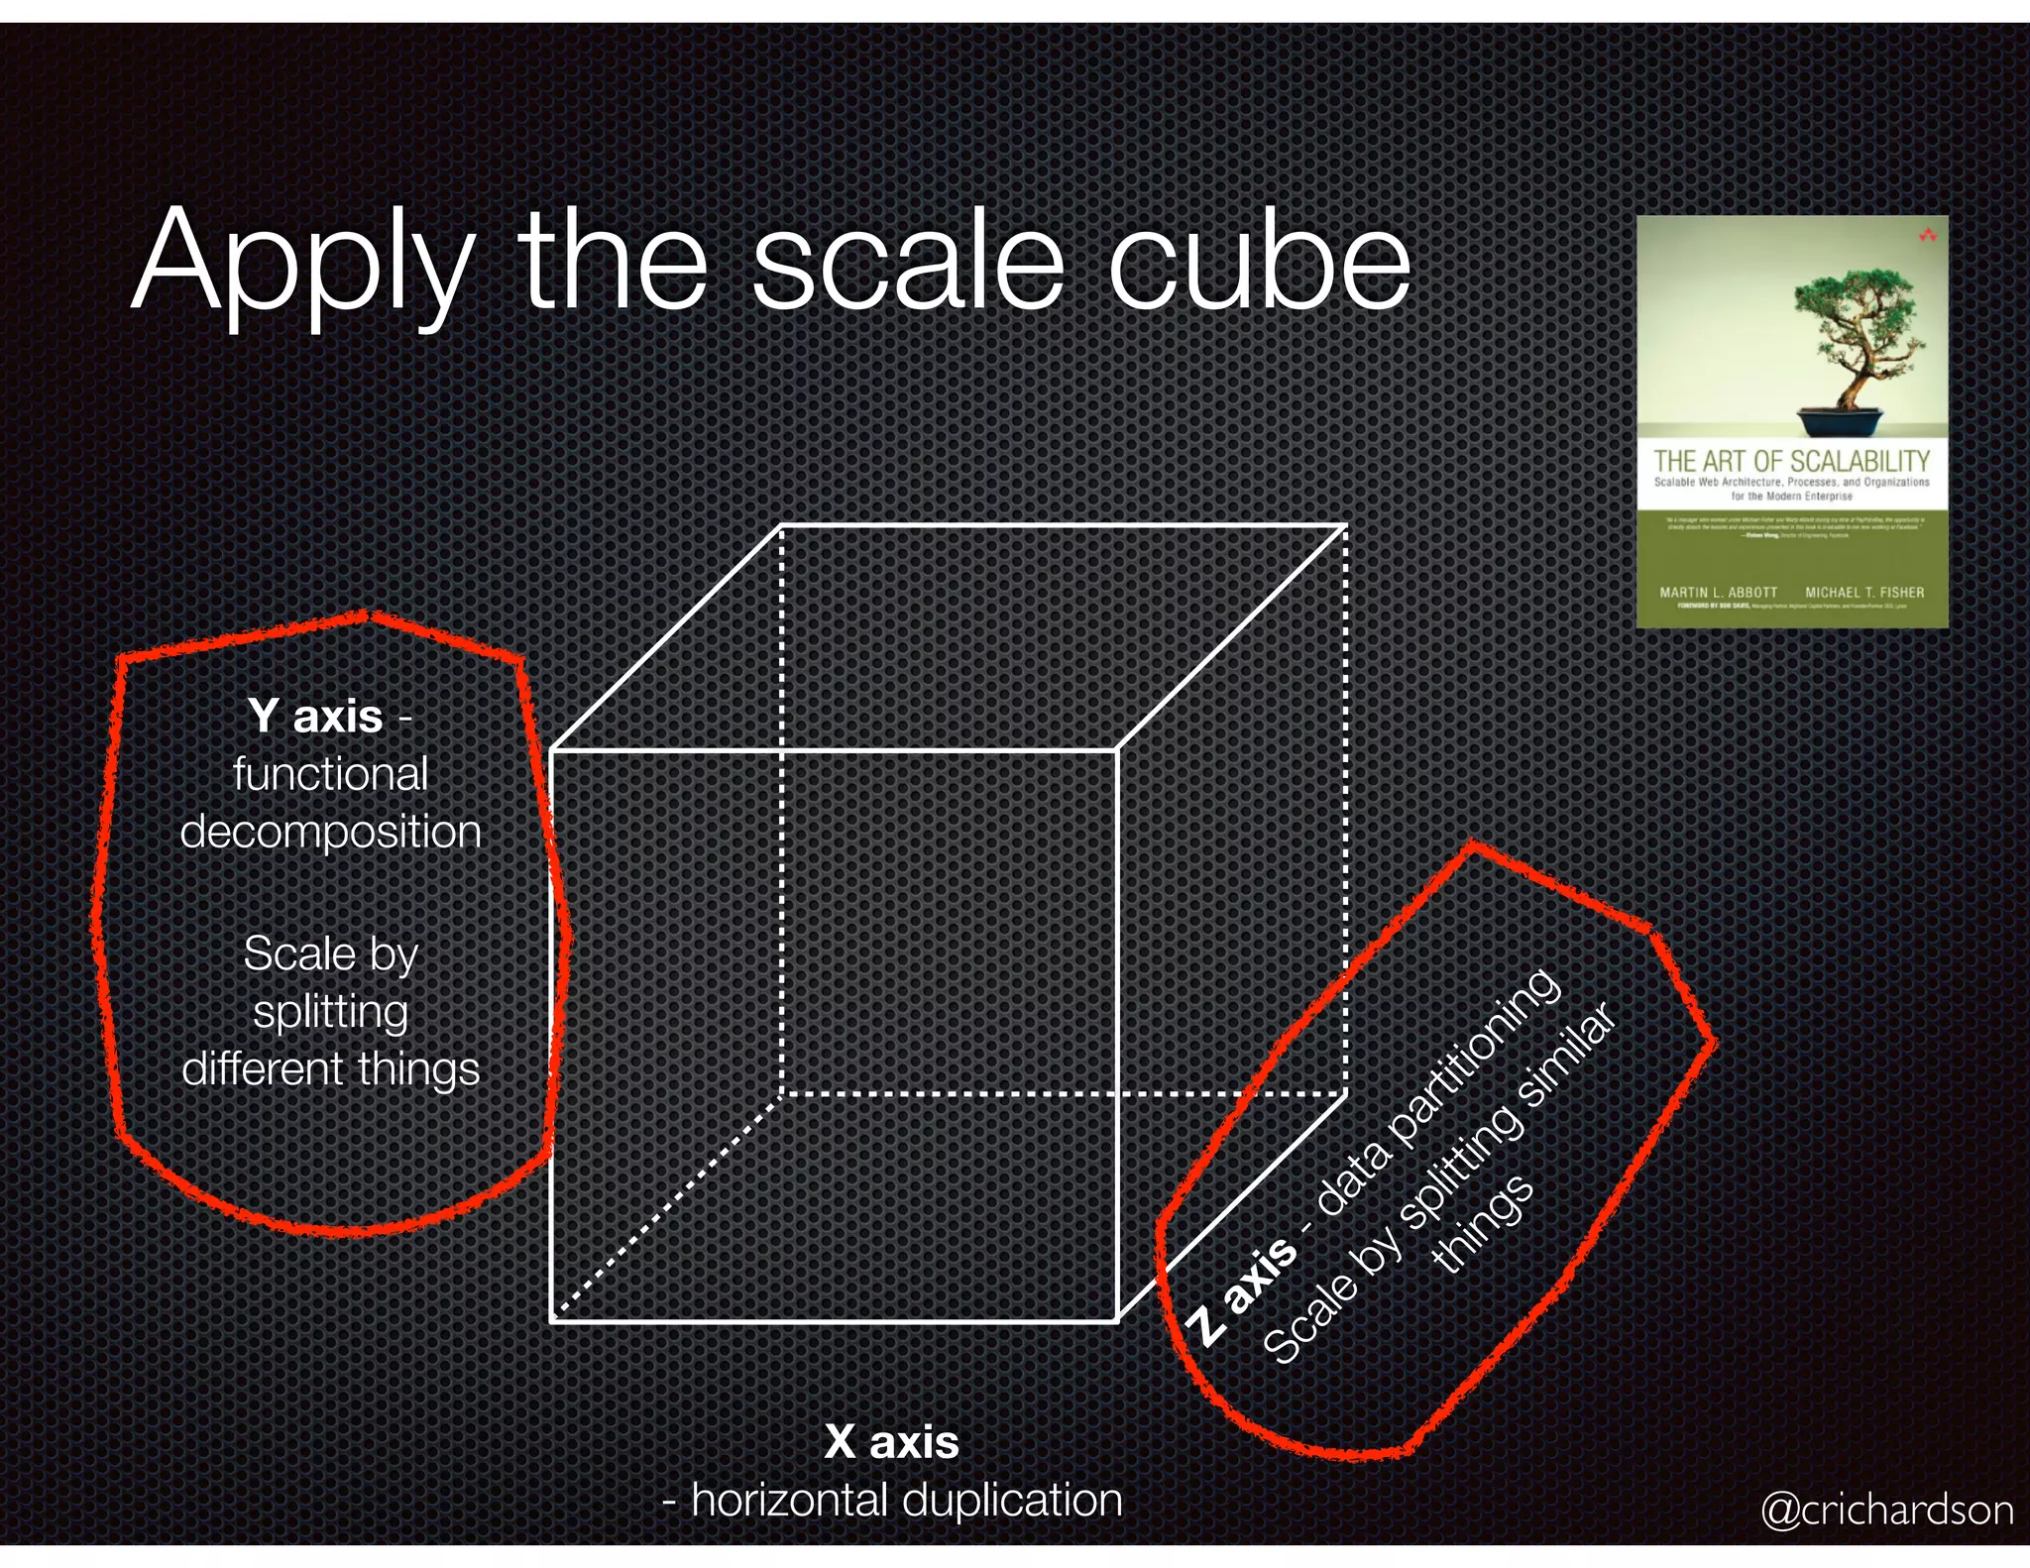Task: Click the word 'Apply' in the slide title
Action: click(x=302, y=263)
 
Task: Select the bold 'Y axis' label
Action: click(x=315, y=716)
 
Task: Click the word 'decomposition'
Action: click(x=330, y=833)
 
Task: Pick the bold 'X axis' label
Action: click(x=891, y=1441)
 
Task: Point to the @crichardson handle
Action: click(x=1886, y=1510)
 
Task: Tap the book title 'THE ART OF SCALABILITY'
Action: click(x=1791, y=461)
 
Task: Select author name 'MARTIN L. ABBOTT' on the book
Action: click(x=1718, y=593)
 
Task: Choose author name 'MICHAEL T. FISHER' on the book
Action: click(x=1863, y=593)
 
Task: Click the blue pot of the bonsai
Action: click(x=1840, y=422)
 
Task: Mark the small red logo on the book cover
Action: click(x=1927, y=236)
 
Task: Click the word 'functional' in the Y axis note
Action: click(x=330, y=774)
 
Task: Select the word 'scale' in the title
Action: click(x=907, y=263)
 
